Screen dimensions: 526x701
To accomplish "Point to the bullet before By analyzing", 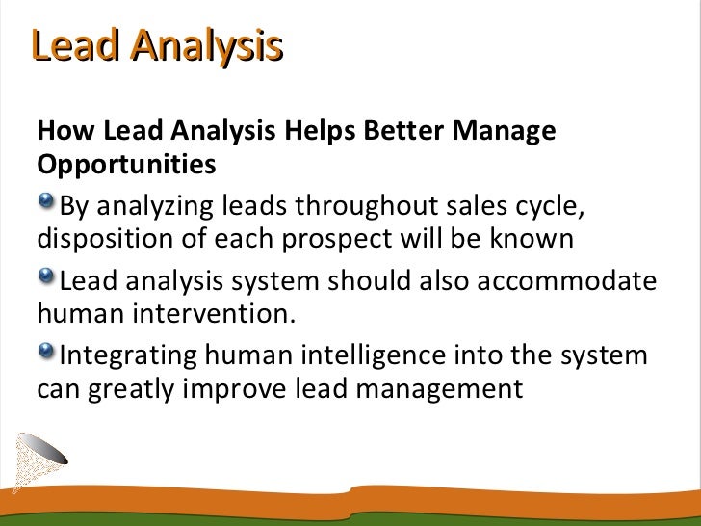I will tap(46, 200).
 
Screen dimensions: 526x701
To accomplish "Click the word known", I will tap(532, 239).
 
